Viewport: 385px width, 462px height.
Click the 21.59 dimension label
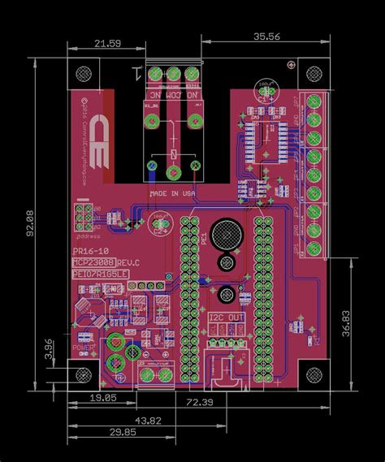tap(109, 42)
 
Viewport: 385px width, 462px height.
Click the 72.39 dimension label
tap(200, 403)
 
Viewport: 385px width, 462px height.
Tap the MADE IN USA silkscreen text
tap(171, 193)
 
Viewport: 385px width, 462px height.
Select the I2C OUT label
tap(224, 317)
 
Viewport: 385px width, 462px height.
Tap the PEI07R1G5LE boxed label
tap(100, 275)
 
